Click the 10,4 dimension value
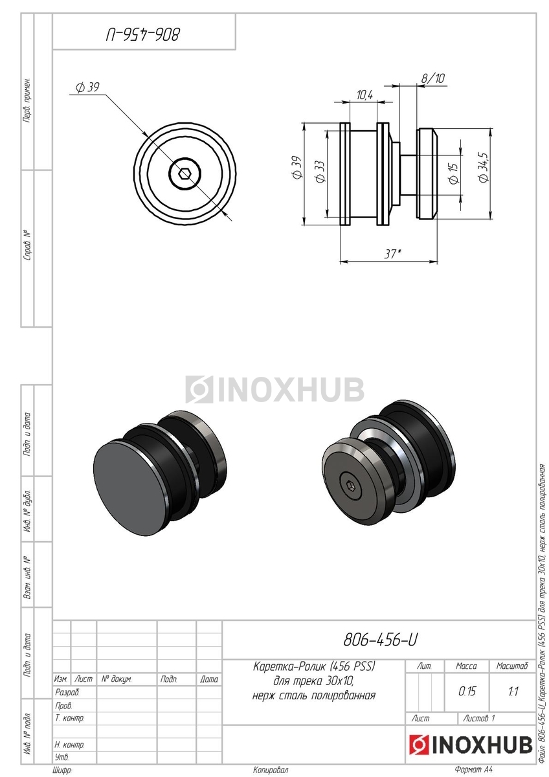(x=364, y=95)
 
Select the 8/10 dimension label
(x=433, y=78)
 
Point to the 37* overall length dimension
(x=392, y=254)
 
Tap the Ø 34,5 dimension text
(x=484, y=167)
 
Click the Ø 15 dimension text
(x=453, y=173)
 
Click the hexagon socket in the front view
(x=183, y=174)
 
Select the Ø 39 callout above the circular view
(x=88, y=87)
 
